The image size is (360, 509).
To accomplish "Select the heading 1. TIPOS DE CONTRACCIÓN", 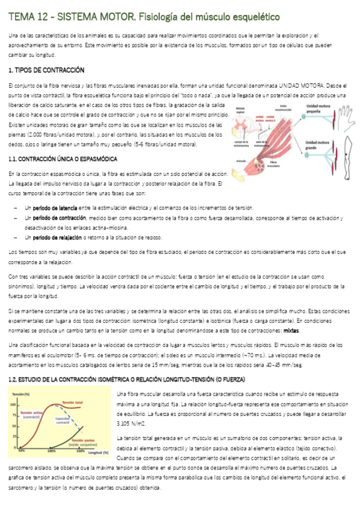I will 46,70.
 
